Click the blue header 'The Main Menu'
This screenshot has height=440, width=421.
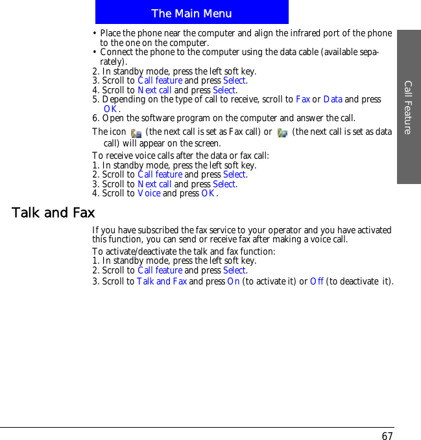[191, 13]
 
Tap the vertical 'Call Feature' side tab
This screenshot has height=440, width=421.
[408, 107]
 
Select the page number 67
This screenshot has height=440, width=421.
[387, 436]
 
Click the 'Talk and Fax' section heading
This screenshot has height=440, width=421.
[53, 213]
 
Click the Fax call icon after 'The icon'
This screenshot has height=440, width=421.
[136, 133]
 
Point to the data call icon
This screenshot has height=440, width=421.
[282, 133]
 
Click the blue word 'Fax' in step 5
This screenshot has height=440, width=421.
[302, 99]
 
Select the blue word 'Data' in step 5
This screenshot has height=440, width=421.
[333, 99]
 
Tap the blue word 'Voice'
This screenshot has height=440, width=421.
[149, 193]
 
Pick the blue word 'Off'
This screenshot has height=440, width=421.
[317, 281]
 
